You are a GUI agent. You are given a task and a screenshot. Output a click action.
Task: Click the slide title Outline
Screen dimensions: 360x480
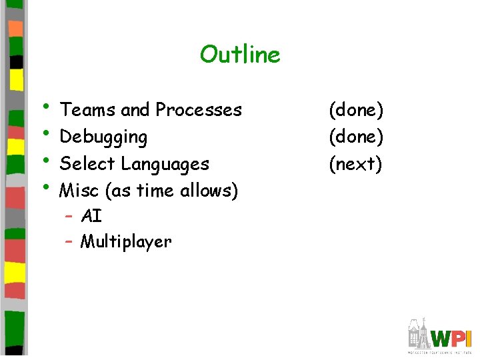(x=240, y=54)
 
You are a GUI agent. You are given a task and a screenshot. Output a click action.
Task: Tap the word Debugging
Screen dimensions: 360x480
(x=103, y=137)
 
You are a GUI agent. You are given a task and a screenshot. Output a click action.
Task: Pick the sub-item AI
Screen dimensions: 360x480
(x=91, y=216)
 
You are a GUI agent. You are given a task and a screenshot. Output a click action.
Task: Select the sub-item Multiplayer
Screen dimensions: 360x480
(x=126, y=241)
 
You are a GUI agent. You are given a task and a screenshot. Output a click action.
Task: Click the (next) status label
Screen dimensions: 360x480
(x=355, y=164)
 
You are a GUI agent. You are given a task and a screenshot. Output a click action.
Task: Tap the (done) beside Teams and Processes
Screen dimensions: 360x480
(x=355, y=109)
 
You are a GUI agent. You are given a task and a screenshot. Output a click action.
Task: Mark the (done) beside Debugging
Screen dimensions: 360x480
(x=355, y=137)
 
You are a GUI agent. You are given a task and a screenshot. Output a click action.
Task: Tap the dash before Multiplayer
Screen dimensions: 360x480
(x=69, y=241)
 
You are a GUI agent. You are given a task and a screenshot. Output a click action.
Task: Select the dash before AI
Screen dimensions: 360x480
(x=69, y=216)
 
